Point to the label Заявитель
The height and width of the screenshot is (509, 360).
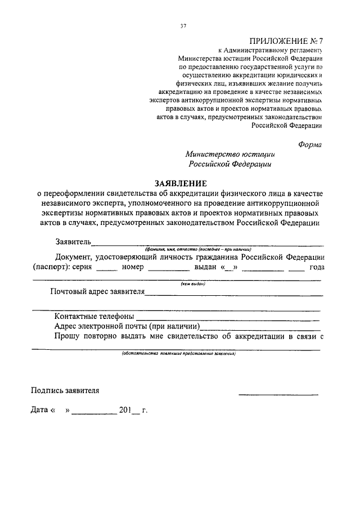click(73, 242)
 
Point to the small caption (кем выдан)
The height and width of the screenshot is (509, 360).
click(193, 284)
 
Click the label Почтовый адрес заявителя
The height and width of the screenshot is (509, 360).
click(97, 292)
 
